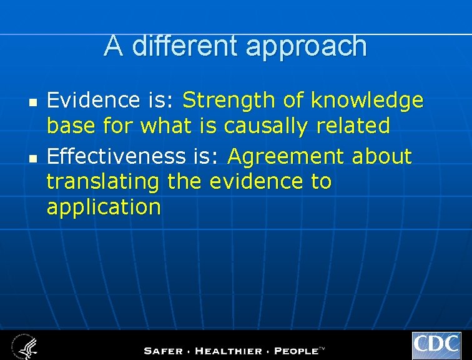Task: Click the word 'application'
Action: pos(104,208)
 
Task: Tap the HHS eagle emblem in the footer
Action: pos(24,346)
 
